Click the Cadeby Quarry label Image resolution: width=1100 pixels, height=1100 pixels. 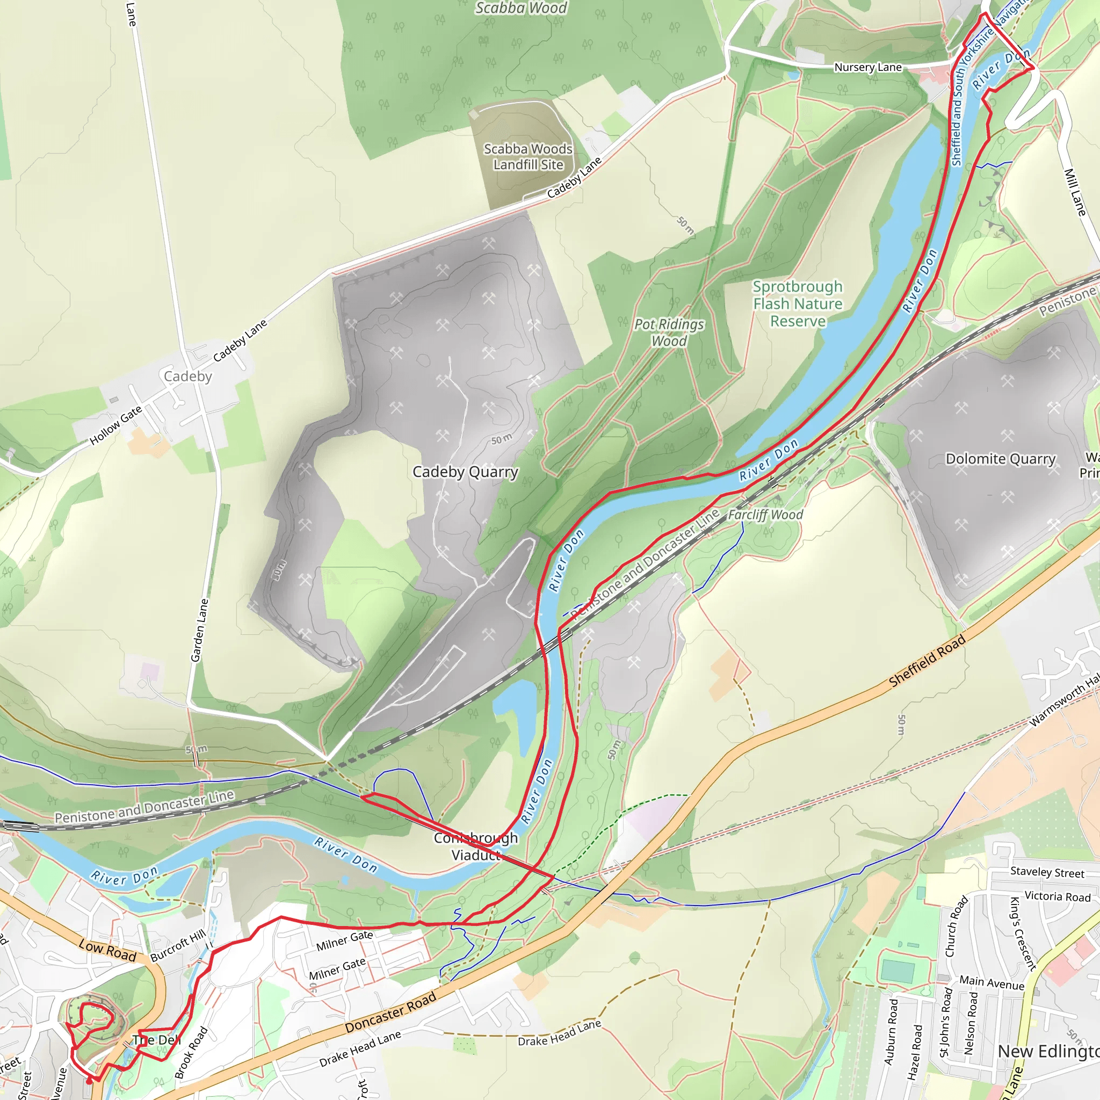(x=465, y=472)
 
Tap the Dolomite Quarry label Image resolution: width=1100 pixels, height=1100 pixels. (x=1000, y=459)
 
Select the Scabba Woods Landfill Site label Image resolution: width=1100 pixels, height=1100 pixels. (x=528, y=157)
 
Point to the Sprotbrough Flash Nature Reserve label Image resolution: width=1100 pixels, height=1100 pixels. (x=798, y=304)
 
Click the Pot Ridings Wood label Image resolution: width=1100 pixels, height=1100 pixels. (x=669, y=332)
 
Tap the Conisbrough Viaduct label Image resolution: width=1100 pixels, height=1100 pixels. (x=475, y=846)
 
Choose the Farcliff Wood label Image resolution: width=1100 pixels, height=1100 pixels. (x=765, y=515)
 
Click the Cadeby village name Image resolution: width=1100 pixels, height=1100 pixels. (x=188, y=377)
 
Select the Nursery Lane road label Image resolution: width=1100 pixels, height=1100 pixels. (x=868, y=67)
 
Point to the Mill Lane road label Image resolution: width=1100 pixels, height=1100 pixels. (x=1075, y=192)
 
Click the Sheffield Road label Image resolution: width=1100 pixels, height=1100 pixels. (x=927, y=661)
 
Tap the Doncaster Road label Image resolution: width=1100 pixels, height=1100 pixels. (x=390, y=1012)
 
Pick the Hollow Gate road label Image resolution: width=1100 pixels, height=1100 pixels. (x=115, y=425)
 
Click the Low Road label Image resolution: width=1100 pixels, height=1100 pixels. (x=107, y=950)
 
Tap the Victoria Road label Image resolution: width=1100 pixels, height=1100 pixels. (x=1057, y=896)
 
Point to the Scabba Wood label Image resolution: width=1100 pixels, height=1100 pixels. (x=521, y=8)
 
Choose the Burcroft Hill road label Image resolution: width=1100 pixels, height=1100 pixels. (x=178, y=946)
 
